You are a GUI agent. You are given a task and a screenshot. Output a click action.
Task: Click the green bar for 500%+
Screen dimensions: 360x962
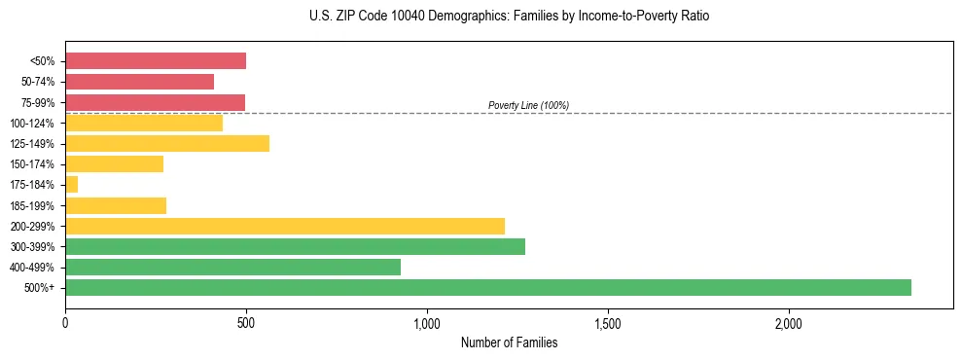(x=487, y=287)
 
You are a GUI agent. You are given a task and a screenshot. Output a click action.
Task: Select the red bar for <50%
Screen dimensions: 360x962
(x=156, y=61)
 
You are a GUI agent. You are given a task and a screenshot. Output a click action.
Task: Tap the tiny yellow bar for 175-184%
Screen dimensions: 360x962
(x=71, y=184)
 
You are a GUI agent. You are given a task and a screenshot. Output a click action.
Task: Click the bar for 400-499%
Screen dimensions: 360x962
(x=476, y=267)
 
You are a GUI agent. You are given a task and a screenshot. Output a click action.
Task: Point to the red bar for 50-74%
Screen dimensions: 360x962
(x=139, y=82)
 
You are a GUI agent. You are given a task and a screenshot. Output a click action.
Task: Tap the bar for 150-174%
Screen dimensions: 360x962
(x=114, y=163)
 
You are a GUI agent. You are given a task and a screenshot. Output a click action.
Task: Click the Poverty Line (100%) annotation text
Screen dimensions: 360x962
(x=528, y=105)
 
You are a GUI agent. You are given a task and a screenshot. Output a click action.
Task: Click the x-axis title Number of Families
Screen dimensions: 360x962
(x=509, y=342)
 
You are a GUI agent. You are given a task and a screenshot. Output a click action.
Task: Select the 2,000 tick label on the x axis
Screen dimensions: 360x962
(x=789, y=322)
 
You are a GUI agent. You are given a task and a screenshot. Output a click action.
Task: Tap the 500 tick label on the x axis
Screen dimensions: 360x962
(x=246, y=322)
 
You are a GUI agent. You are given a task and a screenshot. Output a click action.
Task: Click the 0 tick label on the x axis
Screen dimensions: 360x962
(x=65, y=322)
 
